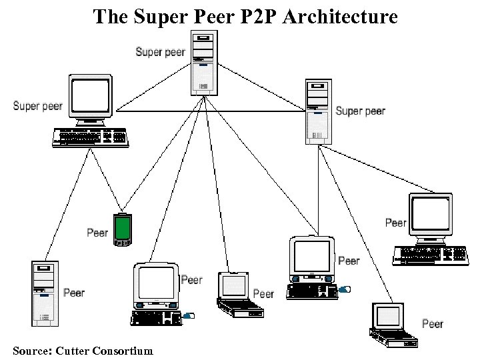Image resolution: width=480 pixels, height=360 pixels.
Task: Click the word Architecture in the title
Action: pos(341,16)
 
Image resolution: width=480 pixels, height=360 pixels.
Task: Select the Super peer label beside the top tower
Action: pos(160,52)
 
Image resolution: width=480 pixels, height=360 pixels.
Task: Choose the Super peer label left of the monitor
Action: pos(37,106)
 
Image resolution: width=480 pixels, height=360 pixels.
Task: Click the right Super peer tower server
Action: pos(318,111)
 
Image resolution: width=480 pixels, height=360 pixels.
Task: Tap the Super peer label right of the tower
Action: pos(361,111)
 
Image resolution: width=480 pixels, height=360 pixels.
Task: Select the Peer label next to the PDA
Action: pos(97,233)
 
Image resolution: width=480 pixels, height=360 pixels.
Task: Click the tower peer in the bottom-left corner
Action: pos(44,293)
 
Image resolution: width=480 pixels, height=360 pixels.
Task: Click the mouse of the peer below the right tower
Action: pos(344,289)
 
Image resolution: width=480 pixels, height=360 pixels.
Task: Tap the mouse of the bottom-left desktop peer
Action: pos(189,315)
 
